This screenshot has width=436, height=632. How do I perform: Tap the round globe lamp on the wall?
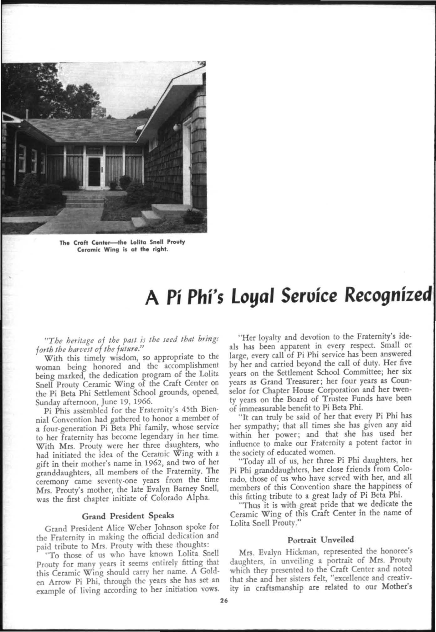pyautogui.click(x=177, y=127)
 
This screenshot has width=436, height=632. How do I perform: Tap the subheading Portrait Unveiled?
pyautogui.click(x=321, y=539)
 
